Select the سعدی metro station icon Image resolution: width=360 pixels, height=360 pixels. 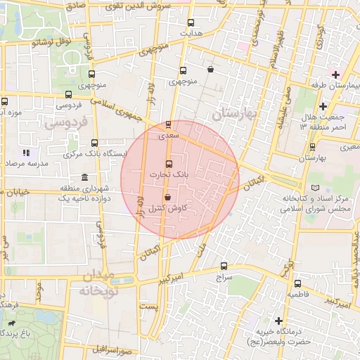(x=167, y=124)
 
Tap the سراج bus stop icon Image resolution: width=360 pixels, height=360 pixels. (x=224, y=266)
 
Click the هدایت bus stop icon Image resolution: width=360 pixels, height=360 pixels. (x=192, y=21)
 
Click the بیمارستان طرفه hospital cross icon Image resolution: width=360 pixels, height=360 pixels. (x=336, y=75)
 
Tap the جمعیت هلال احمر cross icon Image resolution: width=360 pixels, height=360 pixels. (x=323, y=106)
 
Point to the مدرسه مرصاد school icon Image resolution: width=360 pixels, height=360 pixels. (x=25, y=153)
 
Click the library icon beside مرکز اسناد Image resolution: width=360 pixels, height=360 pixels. (x=314, y=187)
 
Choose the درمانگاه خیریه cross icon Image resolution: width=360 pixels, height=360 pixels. (x=279, y=321)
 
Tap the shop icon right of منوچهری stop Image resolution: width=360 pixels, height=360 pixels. (x=211, y=69)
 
